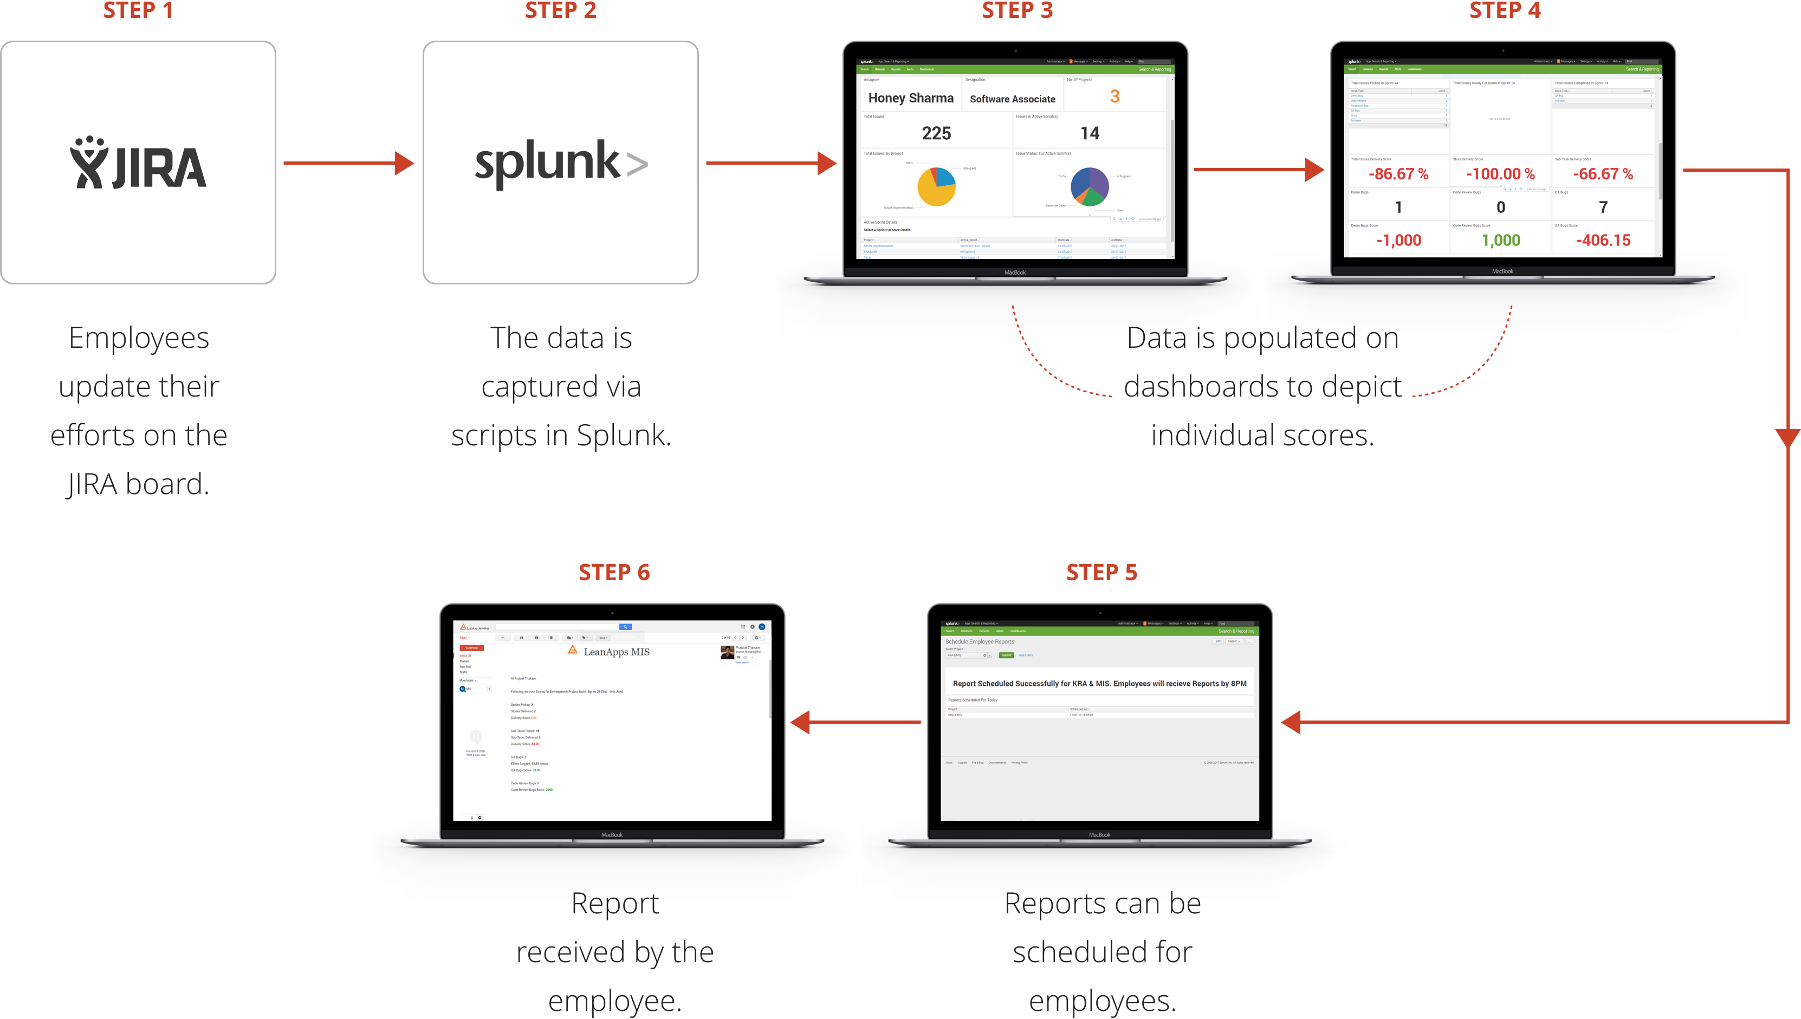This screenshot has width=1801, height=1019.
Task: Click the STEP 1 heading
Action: click(x=138, y=10)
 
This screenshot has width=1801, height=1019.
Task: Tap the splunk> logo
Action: click(x=561, y=163)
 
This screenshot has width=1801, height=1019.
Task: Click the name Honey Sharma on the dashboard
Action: click(x=911, y=98)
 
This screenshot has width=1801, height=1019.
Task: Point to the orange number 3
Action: click(x=1115, y=96)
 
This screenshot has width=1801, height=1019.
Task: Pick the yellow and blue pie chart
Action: click(x=937, y=186)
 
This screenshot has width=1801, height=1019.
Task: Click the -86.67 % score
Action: click(x=1398, y=173)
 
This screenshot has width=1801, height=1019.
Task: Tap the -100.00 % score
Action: click(x=1500, y=173)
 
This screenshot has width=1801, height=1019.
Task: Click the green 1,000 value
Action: click(x=1501, y=240)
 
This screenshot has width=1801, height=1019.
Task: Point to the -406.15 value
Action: click(x=1603, y=240)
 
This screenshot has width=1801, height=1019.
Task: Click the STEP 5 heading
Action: click(x=1101, y=573)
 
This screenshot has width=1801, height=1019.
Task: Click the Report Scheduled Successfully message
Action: click(x=1099, y=683)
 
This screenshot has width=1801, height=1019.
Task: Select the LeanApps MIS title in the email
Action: click(x=616, y=652)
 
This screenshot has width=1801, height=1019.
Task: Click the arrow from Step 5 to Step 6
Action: click(x=856, y=722)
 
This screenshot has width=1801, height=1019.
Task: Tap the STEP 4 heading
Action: click(x=1504, y=10)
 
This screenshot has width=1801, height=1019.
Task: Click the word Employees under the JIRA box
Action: click(x=139, y=338)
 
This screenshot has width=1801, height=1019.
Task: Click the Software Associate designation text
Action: click(x=1012, y=99)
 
